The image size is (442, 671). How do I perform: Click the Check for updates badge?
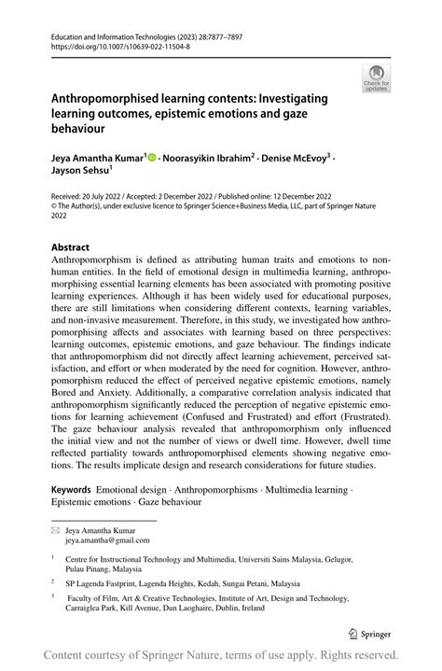(377, 79)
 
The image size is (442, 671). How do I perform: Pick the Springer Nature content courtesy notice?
(221, 653)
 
